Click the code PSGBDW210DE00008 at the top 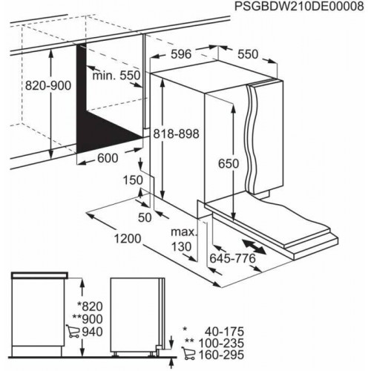pos(295,8)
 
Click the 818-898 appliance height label pos(177,134)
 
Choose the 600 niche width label pos(107,157)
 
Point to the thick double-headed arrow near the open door pos(255,245)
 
